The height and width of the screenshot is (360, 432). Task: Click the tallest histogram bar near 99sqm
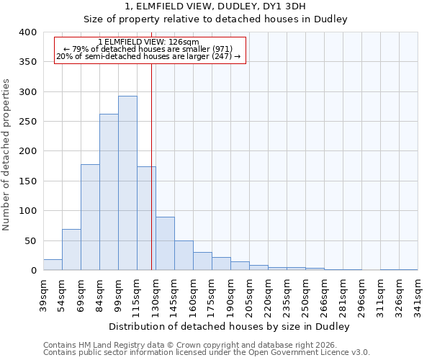pyautogui.click(x=127, y=183)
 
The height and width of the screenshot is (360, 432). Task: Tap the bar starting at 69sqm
pyautogui.click(x=90, y=217)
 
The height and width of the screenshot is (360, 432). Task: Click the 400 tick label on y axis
pyautogui.click(x=27, y=32)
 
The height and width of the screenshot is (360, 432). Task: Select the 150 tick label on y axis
pyautogui.click(x=27, y=181)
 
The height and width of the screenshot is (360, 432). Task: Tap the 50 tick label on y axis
pyautogui.click(x=30, y=241)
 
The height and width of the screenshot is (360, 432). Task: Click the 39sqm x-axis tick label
pyautogui.click(x=43, y=295)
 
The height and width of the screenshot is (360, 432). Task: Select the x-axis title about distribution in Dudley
pyautogui.click(x=230, y=326)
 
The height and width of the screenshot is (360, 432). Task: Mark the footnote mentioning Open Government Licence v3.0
pyautogui.click(x=207, y=352)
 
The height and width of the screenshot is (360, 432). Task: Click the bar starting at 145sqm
pyautogui.click(x=184, y=256)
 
